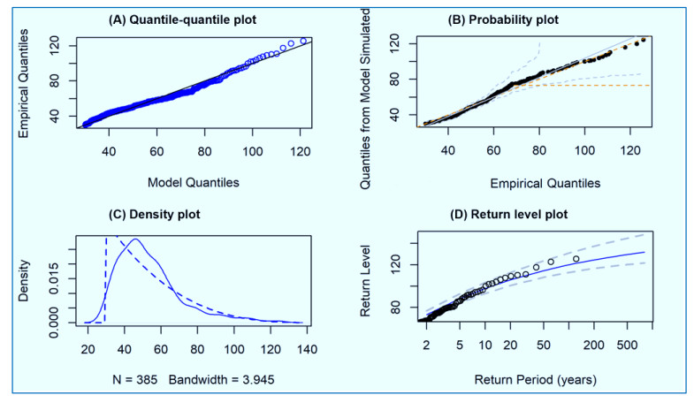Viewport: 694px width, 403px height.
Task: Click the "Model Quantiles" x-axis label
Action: pyautogui.click(x=194, y=182)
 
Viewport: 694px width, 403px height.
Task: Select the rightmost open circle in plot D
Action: pyautogui.click(x=576, y=259)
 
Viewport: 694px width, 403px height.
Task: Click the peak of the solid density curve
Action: pyautogui.click(x=135, y=240)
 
